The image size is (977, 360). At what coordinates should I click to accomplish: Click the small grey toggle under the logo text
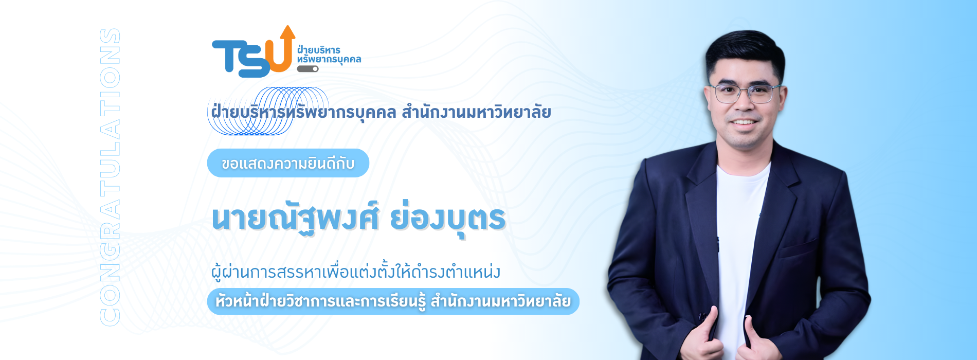tap(307, 69)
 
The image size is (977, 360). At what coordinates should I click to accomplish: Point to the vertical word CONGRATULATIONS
tap(110, 177)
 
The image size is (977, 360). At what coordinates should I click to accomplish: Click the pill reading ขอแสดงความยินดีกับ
tap(288, 163)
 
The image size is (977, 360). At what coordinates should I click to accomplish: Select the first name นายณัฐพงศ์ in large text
tap(295, 218)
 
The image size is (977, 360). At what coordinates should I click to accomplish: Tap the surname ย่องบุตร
tap(448, 218)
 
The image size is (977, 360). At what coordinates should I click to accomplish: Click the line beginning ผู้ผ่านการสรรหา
tap(356, 271)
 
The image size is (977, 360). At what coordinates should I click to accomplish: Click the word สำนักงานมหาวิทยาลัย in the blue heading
tap(476, 112)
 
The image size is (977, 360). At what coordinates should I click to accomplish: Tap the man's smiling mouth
tap(744, 122)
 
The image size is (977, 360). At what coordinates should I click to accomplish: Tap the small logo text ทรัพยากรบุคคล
tap(329, 60)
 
